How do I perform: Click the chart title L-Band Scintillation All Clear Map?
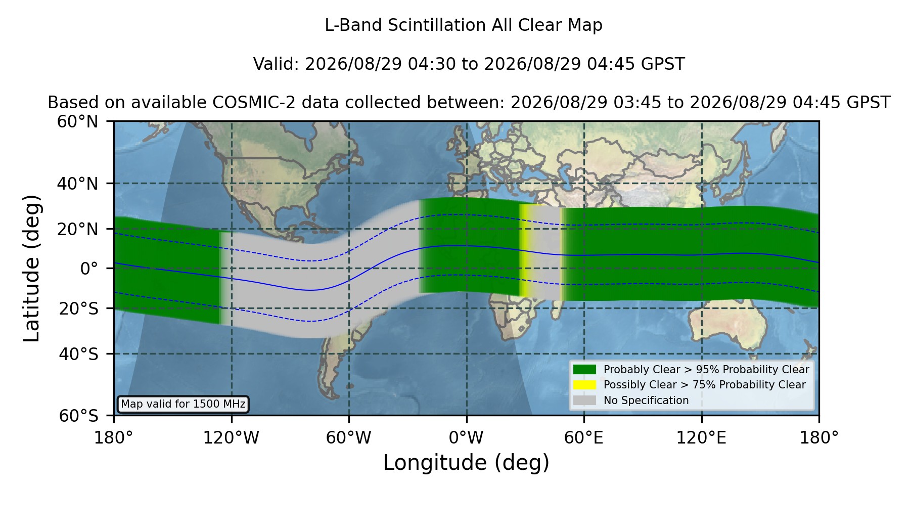tap(463, 25)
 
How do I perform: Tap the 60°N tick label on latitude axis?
tap(77, 122)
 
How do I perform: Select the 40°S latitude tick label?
tap(78, 354)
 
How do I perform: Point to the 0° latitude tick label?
tap(89, 269)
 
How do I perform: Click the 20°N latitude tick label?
tap(77, 229)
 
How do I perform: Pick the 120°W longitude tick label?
tap(231, 438)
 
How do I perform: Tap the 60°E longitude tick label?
tap(584, 438)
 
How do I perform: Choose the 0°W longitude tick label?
tap(467, 438)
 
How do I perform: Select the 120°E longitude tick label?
tap(702, 438)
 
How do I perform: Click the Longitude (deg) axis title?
tap(466, 463)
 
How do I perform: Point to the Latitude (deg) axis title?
tap(31, 268)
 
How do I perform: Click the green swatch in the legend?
tap(585, 369)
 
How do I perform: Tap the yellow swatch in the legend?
tap(585, 385)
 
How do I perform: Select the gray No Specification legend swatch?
tap(585, 401)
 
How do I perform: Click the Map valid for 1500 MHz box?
tap(183, 404)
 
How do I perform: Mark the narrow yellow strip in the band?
tap(526, 251)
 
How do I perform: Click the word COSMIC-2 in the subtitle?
tap(246, 103)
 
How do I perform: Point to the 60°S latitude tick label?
tap(78, 416)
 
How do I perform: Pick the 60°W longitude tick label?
tap(349, 438)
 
